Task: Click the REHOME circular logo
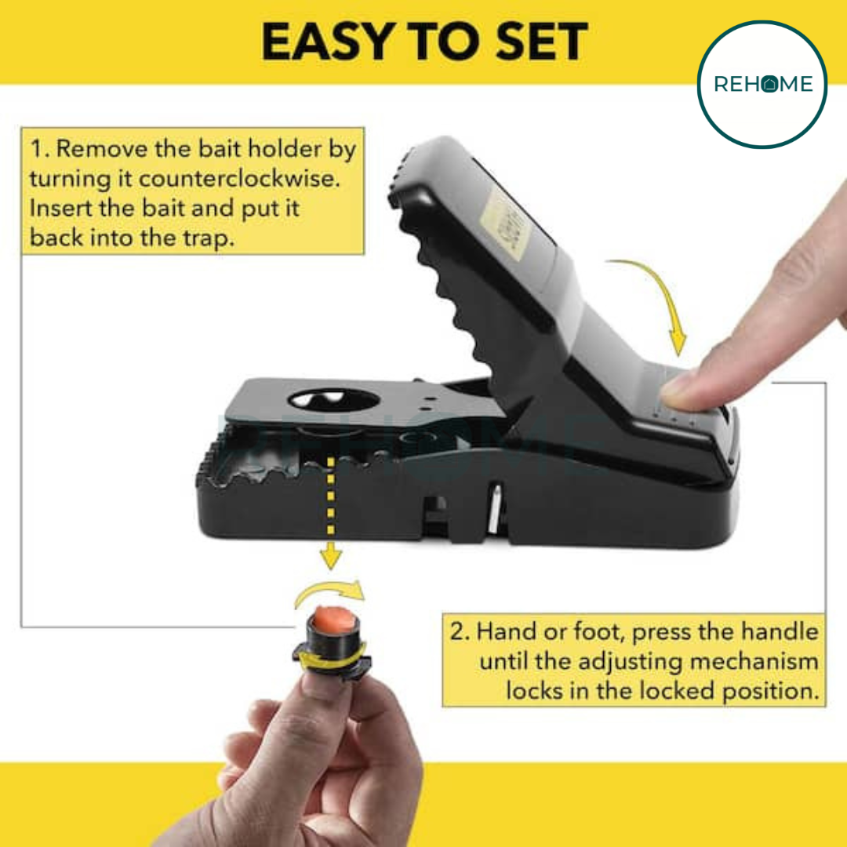point(762,85)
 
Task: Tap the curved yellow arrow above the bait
point(329,594)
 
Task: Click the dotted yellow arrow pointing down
point(332,510)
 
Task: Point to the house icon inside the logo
point(769,84)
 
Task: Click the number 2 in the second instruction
point(459,632)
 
